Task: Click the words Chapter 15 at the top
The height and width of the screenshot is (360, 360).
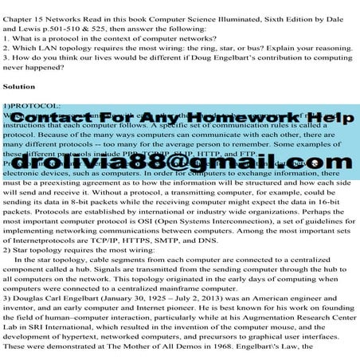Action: pyautogui.click(x=24, y=9)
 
